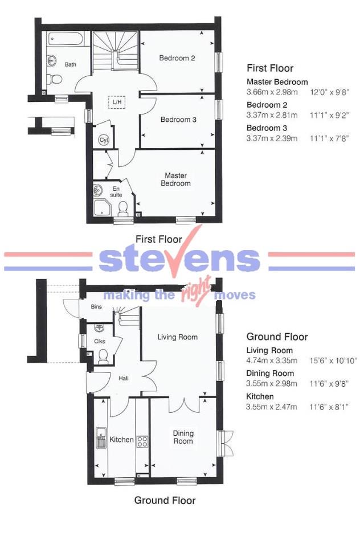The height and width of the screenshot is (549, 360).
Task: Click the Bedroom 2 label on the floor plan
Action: [177, 58]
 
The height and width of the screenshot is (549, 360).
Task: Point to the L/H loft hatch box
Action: [117, 101]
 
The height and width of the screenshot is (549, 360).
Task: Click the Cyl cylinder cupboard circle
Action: [104, 140]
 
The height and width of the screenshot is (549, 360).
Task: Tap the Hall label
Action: [124, 378]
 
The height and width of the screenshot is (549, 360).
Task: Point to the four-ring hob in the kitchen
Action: [142, 440]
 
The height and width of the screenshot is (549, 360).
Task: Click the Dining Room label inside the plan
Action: [183, 437]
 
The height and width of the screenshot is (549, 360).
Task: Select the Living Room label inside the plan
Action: [178, 337]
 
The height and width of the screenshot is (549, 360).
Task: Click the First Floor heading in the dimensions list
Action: [269, 68]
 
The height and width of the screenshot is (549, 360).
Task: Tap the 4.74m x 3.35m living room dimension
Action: [272, 360]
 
